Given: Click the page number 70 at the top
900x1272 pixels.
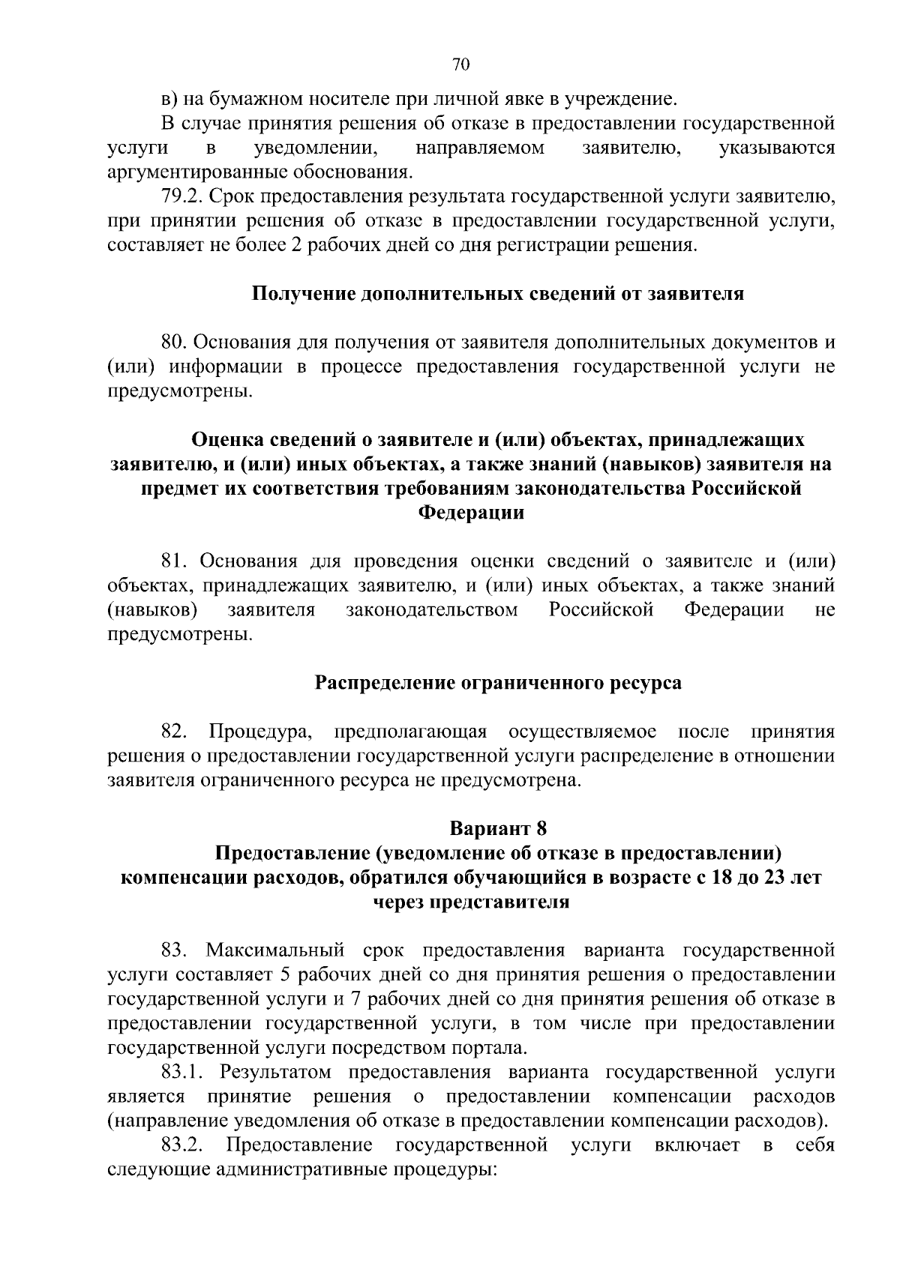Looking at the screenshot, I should [x=460, y=65].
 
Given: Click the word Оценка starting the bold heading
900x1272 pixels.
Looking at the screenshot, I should [x=228, y=439].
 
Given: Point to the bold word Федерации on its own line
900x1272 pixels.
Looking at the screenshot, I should [x=470, y=513].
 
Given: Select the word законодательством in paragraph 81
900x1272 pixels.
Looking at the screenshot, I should [x=432, y=610].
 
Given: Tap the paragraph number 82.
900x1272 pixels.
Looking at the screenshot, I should [x=174, y=731].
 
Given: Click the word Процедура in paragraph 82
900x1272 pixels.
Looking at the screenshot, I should [x=255, y=731].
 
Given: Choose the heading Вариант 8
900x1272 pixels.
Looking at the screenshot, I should [x=498, y=828].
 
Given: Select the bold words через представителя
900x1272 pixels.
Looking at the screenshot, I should [x=471, y=902].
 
